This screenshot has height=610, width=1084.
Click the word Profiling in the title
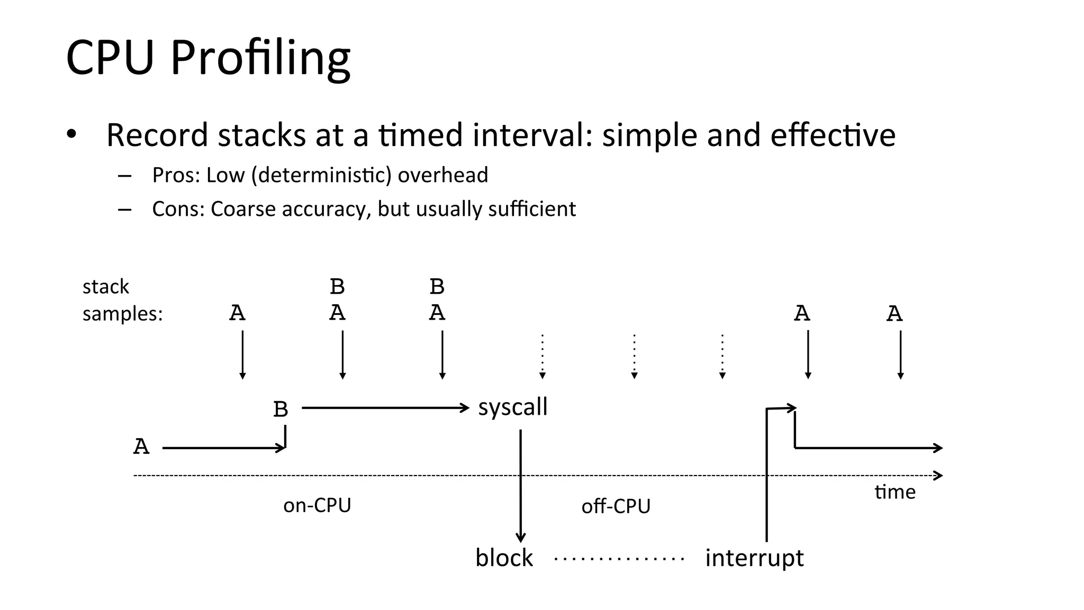tap(260, 58)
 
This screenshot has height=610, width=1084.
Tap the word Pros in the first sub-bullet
tap(173, 176)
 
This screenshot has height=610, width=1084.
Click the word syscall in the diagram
tap(512, 407)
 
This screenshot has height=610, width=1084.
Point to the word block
tap(503, 558)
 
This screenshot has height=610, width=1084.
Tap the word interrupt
tap(754, 558)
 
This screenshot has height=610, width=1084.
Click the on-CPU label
tap(317, 505)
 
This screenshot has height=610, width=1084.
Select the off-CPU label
tap(616, 506)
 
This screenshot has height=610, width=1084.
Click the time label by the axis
tap(895, 492)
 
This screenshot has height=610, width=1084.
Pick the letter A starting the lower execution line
tap(141, 447)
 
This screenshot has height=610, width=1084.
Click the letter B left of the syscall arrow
tap(281, 409)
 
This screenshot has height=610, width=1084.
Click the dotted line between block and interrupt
tap(619, 559)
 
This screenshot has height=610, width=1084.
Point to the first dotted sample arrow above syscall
tap(542, 356)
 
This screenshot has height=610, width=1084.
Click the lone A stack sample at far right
tap(895, 314)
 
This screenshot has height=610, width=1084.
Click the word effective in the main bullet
tap(833, 135)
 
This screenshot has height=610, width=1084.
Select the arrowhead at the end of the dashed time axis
tap(938, 475)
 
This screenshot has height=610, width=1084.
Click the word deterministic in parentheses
tap(321, 176)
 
